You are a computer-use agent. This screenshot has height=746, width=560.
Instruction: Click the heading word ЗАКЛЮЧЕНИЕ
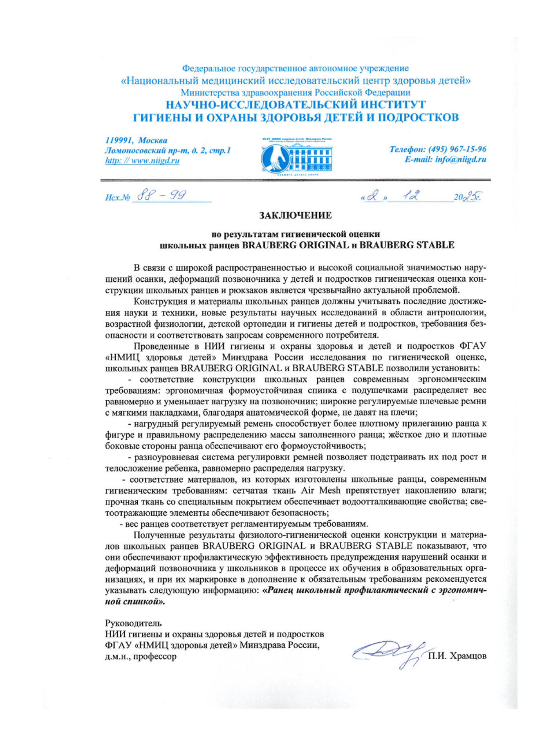pos(295,215)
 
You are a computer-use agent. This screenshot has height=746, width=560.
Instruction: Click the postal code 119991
pos(119,141)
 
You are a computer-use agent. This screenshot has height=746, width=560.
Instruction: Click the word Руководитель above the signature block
pos(133,623)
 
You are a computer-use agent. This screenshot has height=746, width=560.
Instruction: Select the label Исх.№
pos(117,198)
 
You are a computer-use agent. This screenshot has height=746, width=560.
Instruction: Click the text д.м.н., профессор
pos(141,656)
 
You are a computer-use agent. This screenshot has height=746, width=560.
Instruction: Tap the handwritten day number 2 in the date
pos(372,195)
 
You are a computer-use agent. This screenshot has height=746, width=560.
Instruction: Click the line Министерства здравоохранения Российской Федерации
pos(295,92)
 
